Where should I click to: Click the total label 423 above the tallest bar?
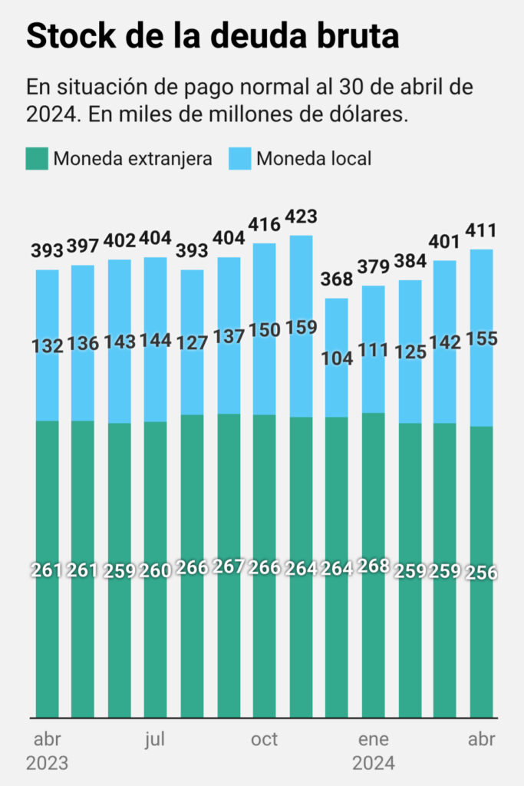click(301, 216)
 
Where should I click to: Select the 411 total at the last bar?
click(482, 230)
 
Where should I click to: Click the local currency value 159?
click(301, 327)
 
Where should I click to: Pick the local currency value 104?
click(337, 357)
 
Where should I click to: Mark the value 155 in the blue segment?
click(482, 339)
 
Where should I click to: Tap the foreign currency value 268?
click(373, 568)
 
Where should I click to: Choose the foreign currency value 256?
click(482, 573)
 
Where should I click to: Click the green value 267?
click(228, 567)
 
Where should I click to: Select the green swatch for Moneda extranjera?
click(37, 159)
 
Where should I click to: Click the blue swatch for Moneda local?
click(240, 159)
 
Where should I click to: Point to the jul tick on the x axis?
click(155, 740)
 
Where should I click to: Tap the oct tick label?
click(265, 740)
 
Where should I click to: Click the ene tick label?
click(374, 740)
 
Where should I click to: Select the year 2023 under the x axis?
click(47, 765)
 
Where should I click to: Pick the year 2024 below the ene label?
click(374, 765)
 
